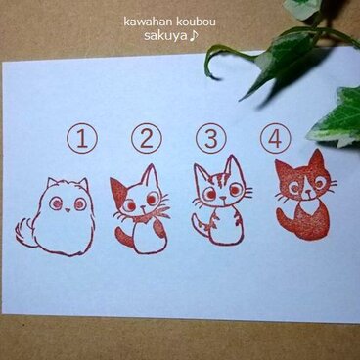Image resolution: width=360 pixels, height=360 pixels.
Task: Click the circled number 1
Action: click(84, 139)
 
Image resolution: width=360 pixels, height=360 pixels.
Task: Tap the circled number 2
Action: click(147, 139)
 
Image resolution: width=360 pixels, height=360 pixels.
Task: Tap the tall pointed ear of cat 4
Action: click(316, 159)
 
